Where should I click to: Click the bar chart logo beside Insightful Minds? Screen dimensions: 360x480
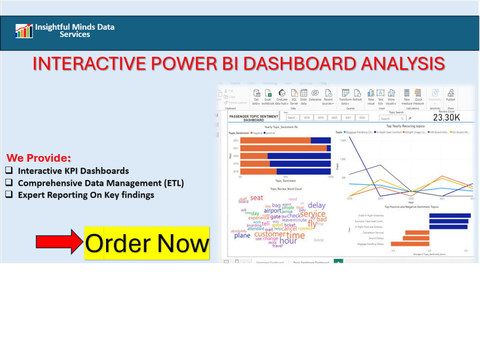pyautogui.click(x=24, y=31)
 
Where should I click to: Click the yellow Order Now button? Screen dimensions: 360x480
pyautogui.click(x=147, y=243)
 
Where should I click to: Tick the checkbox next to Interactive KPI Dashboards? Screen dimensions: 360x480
pyautogui.click(x=9, y=171)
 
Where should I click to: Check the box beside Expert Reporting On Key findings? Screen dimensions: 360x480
pyautogui.click(x=9, y=195)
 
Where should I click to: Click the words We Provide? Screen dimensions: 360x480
pyautogui.click(x=38, y=158)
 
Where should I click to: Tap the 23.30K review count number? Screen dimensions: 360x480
pyautogui.click(x=446, y=118)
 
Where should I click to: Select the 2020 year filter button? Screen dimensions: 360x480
pyautogui.click(x=334, y=118)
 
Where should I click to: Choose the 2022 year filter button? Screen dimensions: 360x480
pyautogui.click(x=362, y=118)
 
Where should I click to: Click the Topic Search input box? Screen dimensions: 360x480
pyautogui.click(x=391, y=118)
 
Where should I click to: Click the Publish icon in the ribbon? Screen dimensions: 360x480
pyautogui.click(x=450, y=96)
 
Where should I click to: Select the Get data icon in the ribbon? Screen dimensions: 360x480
pyautogui.click(x=256, y=96)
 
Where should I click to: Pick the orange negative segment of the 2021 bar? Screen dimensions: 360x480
pyautogui.click(x=283, y=148)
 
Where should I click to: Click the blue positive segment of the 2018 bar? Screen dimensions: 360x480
pyautogui.click(x=303, y=171)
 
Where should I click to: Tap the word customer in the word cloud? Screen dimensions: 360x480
pyautogui.click(x=269, y=234)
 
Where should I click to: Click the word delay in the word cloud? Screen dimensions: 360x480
pyautogui.click(x=316, y=205)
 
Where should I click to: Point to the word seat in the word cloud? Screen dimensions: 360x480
pyautogui.click(x=257, y=198)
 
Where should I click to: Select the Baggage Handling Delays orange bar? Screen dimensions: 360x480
pyautogui.click(x=410, y=244)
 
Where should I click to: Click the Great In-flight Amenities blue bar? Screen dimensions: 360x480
pyautogui.click(x=450, y=216)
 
